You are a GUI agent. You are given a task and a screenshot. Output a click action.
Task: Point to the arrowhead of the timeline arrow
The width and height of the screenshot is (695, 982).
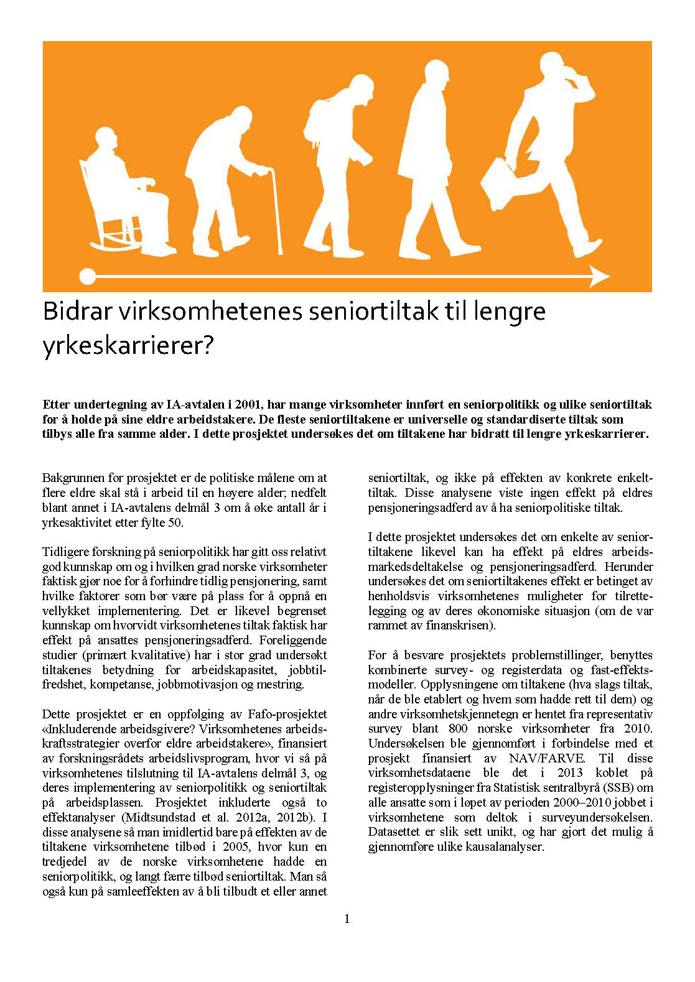click(600, 276)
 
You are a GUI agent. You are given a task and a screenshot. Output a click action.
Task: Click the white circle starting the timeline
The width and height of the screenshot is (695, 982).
click(88, 276)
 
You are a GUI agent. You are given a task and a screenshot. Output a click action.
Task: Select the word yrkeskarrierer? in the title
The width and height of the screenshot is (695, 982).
click(128, 345)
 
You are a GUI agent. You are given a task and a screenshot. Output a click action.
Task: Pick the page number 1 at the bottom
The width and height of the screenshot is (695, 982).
click(347, 919)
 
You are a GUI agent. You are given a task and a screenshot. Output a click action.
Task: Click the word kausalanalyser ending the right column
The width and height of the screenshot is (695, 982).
click(505, 846)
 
